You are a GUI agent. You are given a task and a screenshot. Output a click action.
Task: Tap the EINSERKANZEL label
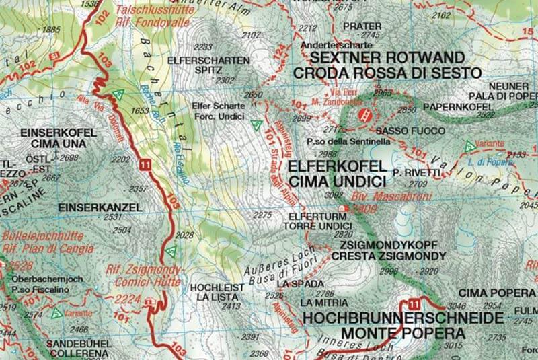click(100, 207)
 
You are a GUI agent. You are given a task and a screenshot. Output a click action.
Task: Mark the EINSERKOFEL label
click(55, 133)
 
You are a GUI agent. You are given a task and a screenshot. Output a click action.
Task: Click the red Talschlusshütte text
click(150, 10)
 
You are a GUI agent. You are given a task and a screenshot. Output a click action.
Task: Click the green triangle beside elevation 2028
click(171, 252)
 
